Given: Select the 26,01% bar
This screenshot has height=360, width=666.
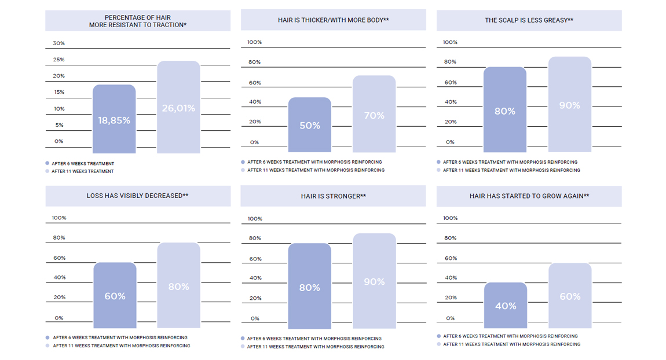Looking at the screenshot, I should coord(178,108).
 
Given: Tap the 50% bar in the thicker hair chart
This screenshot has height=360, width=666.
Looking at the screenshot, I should coord(310,125).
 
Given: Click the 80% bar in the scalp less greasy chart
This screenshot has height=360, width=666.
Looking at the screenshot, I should coord(505,110).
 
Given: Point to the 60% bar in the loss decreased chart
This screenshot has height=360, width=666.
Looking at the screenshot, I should coord(115,295).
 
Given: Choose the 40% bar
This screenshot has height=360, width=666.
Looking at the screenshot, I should coord(505,305).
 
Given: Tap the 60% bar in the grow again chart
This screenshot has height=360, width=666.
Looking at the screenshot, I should coord(570,296).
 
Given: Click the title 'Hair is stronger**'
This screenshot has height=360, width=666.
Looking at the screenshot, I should coord(333,196).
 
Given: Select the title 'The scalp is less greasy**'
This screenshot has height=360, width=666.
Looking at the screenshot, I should coord(529,20).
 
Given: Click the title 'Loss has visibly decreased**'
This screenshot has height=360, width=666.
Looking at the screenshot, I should coord(137,196).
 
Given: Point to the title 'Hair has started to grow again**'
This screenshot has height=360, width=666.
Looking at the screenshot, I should coord(529,196).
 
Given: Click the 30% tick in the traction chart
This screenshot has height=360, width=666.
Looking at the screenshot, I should coord(58,43).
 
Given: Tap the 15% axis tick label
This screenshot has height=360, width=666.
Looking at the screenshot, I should coord(58,92).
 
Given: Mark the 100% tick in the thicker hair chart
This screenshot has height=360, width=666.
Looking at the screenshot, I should coord(254,42).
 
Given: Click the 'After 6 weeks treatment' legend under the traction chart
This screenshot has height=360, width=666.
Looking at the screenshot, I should coord(83,164).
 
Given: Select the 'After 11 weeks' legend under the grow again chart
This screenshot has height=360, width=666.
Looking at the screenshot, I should coord(511,344).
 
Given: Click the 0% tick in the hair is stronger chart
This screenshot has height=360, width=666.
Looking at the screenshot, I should coord(255,318).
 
